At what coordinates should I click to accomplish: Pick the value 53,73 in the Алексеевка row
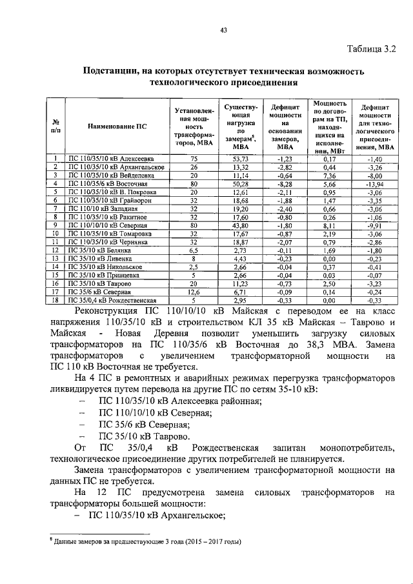tap(241, 158)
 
